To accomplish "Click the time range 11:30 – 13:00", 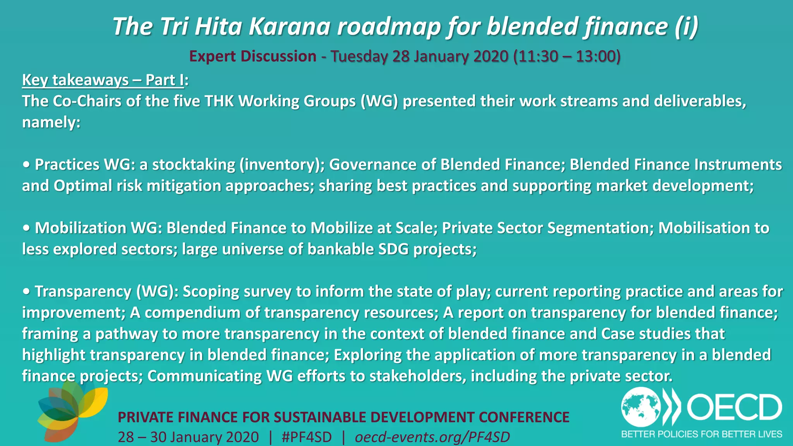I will click(566, 56).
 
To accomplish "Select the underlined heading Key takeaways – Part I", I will click(103, 80).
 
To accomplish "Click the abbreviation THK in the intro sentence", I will click(219, 101).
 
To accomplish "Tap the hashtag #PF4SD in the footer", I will click(307, 437).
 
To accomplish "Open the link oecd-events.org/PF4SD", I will click(432, 437).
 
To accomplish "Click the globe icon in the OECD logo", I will click(641, 407).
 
